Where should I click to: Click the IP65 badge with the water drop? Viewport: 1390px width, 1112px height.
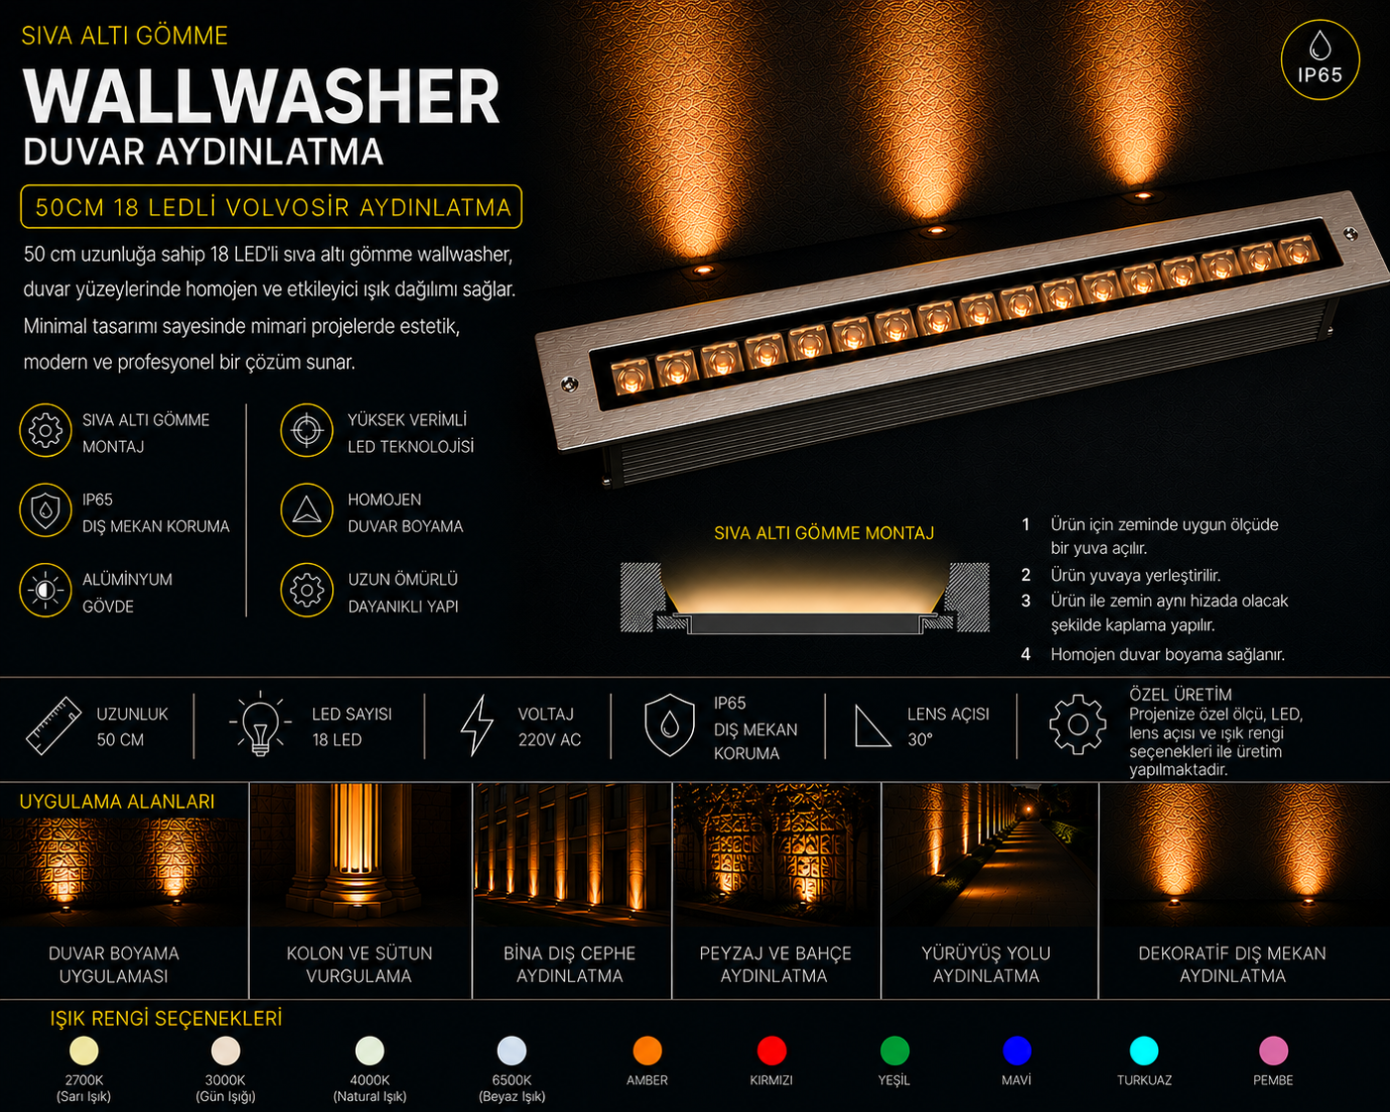point(1320,60)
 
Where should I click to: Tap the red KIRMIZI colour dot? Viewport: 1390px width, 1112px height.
point(771,1051)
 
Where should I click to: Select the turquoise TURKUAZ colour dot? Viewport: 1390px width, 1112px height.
point(1143,1051)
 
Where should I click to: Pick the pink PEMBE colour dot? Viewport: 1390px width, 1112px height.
point(1273,1051)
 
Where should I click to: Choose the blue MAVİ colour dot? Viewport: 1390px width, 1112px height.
point(1016,1051)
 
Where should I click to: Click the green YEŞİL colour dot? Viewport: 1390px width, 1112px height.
point(894,1051)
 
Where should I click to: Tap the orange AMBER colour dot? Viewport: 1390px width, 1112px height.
point(647,1051)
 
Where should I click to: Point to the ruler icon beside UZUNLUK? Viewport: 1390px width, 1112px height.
point(54,725)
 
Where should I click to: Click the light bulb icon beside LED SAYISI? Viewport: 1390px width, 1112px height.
point(261,723)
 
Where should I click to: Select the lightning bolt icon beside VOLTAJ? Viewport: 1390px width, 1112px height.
point(477,725)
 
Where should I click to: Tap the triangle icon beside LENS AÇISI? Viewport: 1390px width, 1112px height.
point(872,726)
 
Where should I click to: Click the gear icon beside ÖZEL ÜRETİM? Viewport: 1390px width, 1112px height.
point(1078,724)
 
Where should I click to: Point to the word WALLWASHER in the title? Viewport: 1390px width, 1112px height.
point(261,96)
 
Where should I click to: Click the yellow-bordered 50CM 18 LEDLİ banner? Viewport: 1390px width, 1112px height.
point(272,207)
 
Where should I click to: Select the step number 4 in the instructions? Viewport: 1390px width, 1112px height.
point(1025,654)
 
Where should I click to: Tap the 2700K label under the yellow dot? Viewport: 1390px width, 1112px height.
point(84,1079)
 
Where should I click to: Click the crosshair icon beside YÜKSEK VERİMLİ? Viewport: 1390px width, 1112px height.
point(306,430)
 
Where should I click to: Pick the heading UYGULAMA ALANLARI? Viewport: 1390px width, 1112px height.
point(117,802)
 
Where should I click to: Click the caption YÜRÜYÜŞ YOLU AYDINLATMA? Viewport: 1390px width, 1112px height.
point(985,964)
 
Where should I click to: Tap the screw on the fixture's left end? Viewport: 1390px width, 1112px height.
point(569,385)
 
